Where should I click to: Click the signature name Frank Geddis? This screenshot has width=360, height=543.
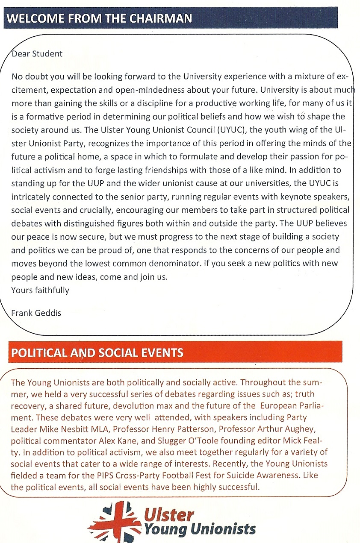point(36,313)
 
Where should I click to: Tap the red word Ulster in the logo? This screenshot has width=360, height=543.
point(169,515)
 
